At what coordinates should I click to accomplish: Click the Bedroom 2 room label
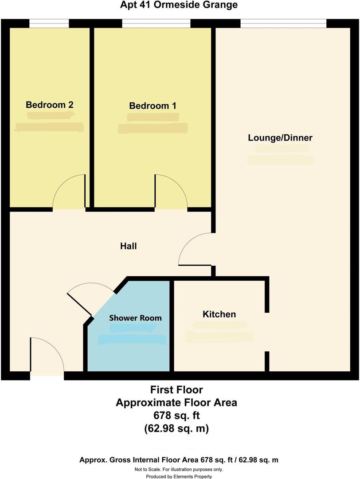(x=49, y=105)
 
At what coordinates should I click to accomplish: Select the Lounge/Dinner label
(x=280, y=138)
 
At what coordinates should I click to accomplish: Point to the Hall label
(x=128, y=246)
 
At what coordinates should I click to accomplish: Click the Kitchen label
(x=219, y=314)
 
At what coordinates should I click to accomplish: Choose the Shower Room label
(x=135, y=318)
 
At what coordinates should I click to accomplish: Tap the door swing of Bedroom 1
(x=169, y=192)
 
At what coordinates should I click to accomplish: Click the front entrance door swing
(x=46, y=355)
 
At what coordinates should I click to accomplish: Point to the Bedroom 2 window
(x=49, y=23)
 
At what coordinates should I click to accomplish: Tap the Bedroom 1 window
(x=156, y=23)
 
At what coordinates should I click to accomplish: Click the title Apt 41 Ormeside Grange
(x=179, y=5)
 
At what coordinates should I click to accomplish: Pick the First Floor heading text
(x=176, y=390)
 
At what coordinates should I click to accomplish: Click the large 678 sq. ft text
(x=176, y=416)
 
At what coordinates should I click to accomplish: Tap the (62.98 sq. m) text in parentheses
(x=176, y=429)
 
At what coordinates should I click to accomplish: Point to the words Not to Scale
(x=150, y=469)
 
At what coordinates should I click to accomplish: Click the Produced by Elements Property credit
(x=179, y=476)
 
